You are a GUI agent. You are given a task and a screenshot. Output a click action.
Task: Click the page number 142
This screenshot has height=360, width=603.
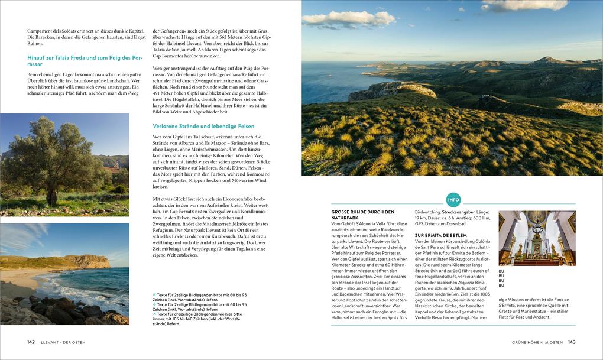tap(31, 342)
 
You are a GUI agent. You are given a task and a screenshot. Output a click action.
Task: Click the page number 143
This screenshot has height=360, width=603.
tap(572, 342)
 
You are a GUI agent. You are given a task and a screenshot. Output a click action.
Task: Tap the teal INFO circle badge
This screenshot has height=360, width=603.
tap(453, 199)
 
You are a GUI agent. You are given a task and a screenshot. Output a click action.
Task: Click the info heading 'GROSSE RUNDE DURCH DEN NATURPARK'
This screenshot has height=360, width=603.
tap(362, 215)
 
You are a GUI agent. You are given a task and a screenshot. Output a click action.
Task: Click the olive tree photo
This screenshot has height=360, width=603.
tap(64, 164)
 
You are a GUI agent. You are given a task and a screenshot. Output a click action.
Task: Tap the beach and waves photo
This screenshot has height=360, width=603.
tap(64, 274)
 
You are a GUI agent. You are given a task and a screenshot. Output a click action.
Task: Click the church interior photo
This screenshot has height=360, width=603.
tap(537, 238)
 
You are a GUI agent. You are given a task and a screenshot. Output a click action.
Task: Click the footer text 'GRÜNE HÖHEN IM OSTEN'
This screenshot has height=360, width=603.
tap(537, 342)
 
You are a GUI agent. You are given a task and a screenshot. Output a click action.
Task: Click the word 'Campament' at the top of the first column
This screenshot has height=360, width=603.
tap(41, 30)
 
